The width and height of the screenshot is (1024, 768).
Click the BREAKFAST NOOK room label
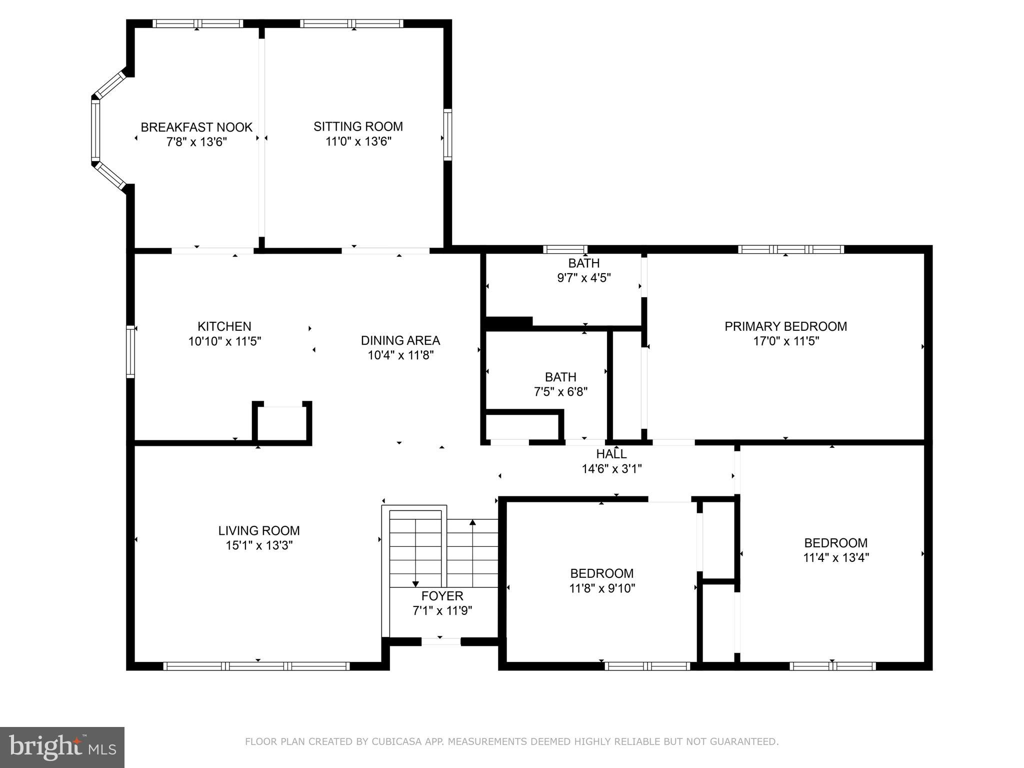tap(196, 127)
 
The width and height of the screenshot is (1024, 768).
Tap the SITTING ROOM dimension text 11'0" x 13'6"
tap(358, 142)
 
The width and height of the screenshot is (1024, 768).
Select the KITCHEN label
tap(224, 326)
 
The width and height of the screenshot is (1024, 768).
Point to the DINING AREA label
tap(400, 340)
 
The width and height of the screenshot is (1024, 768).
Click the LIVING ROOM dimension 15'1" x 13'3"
tap(258, 545)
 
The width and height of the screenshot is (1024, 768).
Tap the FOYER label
tap(442, 596)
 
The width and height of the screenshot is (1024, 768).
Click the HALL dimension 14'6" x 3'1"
tap(611, 469)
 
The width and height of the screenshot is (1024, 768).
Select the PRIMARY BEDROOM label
tap(785, 326)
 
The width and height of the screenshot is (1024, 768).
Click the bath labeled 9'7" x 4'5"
tap(583, 270)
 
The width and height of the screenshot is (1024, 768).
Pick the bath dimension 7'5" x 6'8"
tap(560, 391)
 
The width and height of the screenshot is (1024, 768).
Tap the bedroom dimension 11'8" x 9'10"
tap(601, 588)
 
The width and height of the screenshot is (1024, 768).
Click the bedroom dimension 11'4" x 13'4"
tap(835, 557)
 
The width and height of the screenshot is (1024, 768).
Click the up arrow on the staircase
tap(472, 523)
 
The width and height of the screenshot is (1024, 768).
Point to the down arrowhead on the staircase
tap(415, 584)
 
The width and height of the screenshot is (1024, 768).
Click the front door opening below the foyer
tap(440, 641)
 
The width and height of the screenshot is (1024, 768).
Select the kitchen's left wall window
tap(130, 351)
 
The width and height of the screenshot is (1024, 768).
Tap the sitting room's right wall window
tap(447, 135)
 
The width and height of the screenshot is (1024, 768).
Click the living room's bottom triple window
tap(256, 666)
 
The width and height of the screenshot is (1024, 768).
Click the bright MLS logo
tap(62, 747)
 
